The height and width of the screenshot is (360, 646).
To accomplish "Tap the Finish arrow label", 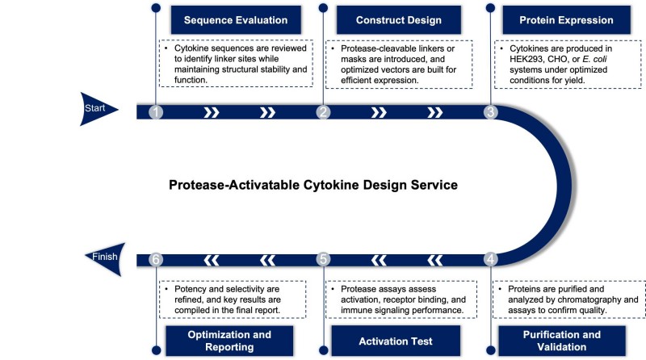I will pos(104,258).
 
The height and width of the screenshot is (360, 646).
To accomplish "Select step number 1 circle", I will pos(156,112).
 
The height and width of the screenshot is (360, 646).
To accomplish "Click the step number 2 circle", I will pos(323,112).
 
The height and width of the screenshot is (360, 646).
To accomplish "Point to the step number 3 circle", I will pos(490,112).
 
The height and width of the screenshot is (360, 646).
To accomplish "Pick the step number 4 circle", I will pos(490,259).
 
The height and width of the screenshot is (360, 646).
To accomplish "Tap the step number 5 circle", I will pos(323,259).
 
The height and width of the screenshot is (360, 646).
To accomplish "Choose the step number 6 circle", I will pos(156,259).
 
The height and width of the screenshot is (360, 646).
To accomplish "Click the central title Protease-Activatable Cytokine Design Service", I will pos(313,185).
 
